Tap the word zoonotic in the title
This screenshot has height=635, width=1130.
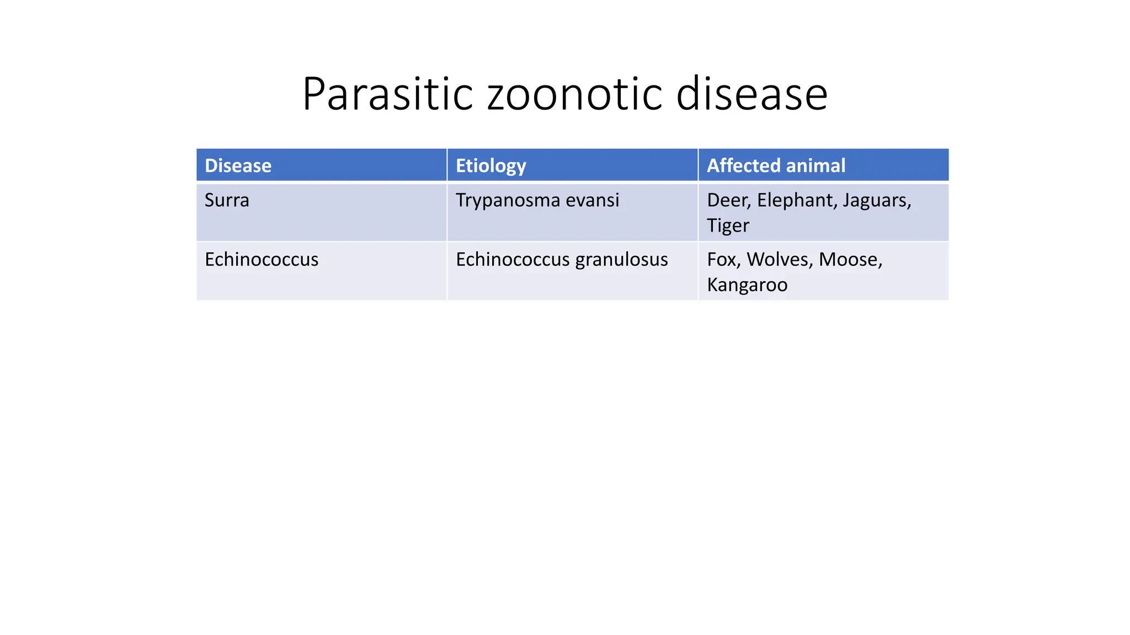pos(574,94)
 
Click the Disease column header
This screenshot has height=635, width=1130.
pos(238,166)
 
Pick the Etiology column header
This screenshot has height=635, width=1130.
pos(491,166)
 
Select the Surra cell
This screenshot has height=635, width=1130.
pos(227,200)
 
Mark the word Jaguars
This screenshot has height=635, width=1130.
pos(876,200)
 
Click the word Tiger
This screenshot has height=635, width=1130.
pos(728,226)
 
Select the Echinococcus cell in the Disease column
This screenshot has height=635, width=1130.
pos(262,260)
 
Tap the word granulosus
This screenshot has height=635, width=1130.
pos(621,260)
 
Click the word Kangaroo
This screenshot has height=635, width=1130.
pos(747,285)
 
